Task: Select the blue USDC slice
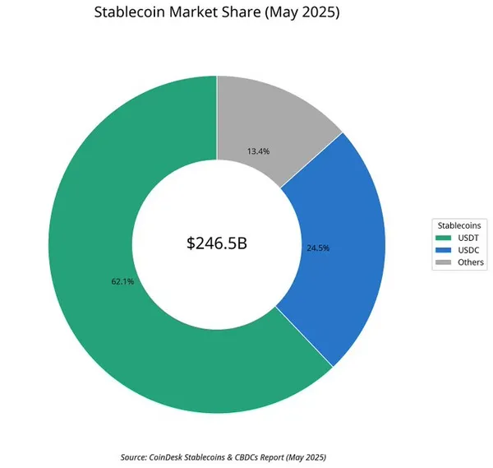click(345, 247)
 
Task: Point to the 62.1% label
click(122, 281)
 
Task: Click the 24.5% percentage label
click(318, 248)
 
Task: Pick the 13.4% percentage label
click(259, 151)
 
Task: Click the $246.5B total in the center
click(217, 243)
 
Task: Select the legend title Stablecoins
click(458, 225)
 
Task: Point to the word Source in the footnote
click(133, 456)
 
